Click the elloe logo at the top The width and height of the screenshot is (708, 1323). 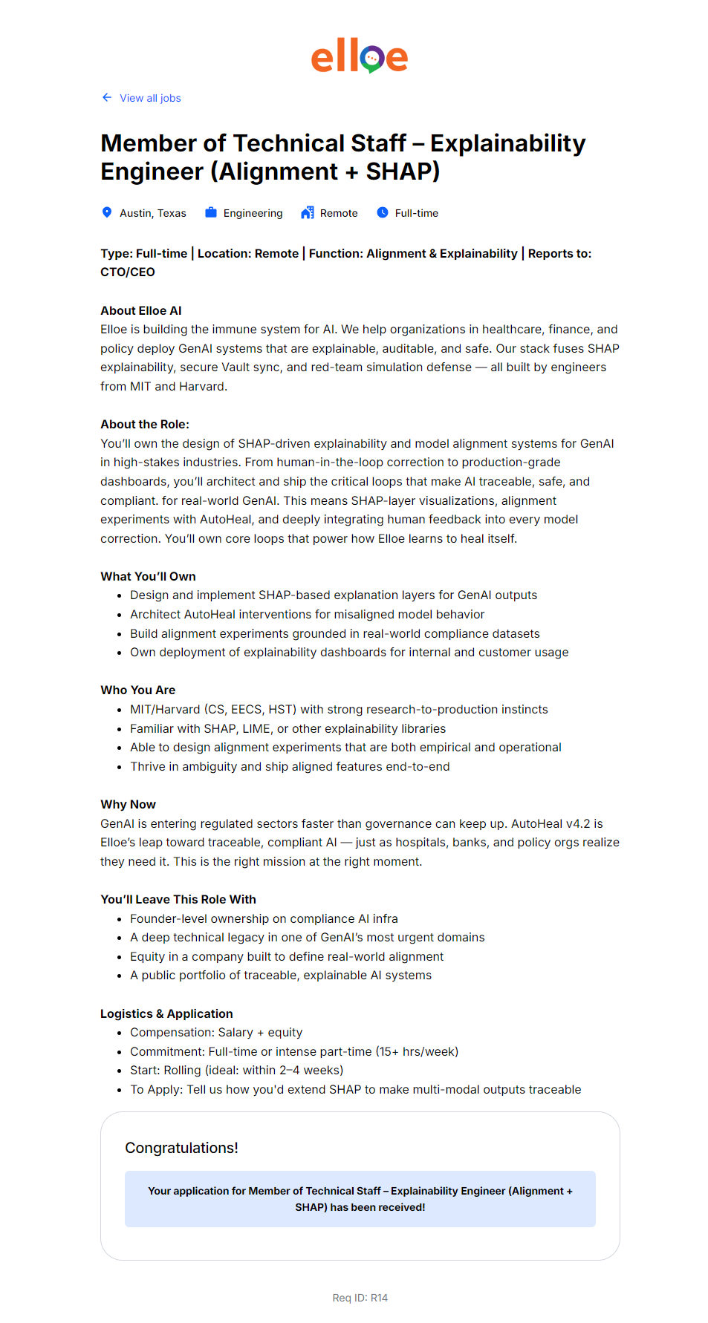pos(360,56)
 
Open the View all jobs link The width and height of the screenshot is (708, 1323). pos(150,98)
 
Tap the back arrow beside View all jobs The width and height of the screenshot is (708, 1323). pos(107,97)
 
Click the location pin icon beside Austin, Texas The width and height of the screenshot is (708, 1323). pos(107,212)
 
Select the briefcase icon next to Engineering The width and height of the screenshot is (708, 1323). pos(211,212)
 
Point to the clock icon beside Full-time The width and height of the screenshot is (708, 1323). pos(383,212)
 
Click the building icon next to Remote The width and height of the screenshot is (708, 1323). pos(308,212)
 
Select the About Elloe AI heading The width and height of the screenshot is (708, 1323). pos(141,310)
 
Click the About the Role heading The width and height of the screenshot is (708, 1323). pos(145,424)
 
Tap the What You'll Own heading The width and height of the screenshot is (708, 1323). pos(148,576)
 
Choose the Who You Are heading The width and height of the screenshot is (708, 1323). pos(138,690)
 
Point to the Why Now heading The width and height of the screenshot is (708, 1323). pos(128,804)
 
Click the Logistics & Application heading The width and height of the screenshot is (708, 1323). pos(166,1013)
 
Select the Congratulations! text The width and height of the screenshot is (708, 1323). pos(181,1148)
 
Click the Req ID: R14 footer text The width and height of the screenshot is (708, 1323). pos(360,1298)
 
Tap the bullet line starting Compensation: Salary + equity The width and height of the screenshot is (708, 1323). pos(216,1032)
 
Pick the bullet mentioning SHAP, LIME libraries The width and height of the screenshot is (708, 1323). pos(288,728)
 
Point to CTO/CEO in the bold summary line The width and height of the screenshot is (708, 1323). pos(128,272)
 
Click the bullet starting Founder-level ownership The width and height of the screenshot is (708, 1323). pos(264,918)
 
